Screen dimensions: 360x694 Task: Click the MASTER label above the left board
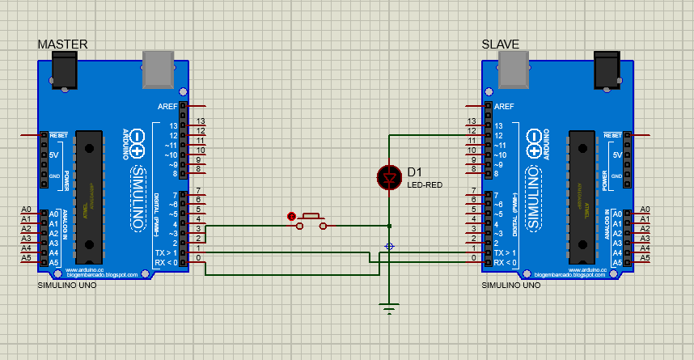tap(62, 44)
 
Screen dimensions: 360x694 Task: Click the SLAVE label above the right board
tap(501, 44)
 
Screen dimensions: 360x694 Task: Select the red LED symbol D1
tap(389, 176)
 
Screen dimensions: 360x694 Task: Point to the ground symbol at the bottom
tap(389, 307)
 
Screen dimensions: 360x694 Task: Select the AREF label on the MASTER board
tap(168, 106)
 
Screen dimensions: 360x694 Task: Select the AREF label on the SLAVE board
tap(504, 106)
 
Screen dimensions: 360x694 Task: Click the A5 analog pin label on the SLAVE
tap(645, 258)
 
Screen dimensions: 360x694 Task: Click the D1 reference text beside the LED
tap(415, 172)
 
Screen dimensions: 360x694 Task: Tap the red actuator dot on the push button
tap(291, 216)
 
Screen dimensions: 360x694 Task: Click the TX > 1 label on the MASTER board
tap(167, 253)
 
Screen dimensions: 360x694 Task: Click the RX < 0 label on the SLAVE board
tap(505, 263)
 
